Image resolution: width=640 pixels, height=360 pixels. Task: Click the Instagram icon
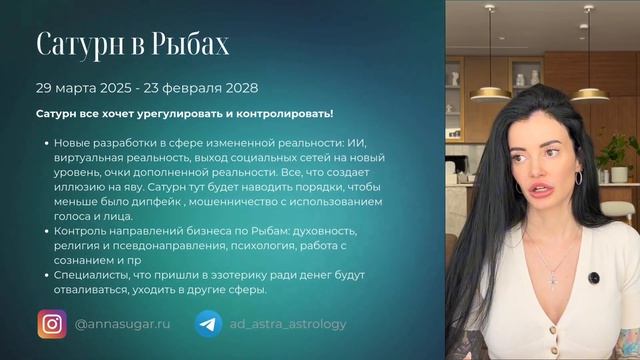point(51,323)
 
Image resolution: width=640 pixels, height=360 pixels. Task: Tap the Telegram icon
point(209,323)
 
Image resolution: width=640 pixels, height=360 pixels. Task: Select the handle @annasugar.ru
point(121,324)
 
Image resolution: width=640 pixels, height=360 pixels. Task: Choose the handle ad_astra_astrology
point(289,324)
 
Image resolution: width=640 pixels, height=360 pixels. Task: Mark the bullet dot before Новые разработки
point(46,144)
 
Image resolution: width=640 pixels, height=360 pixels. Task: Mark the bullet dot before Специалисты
point(46,274)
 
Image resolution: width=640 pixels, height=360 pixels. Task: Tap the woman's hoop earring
point(577,178)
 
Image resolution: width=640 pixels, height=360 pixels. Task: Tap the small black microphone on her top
point(595,276)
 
